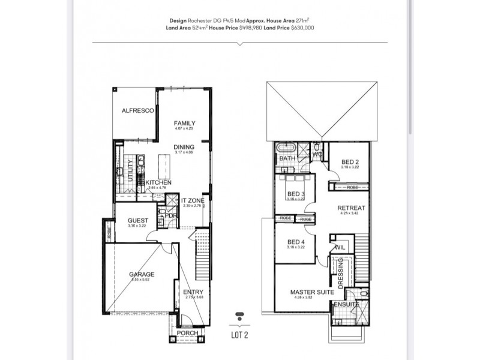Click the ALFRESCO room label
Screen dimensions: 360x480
tap(138, 111)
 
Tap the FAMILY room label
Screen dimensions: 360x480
tap(184, 124)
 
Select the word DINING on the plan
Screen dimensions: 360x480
tap(184, 147)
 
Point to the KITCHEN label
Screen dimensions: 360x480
tap(158, 182)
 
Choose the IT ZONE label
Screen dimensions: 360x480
tap(193, 200)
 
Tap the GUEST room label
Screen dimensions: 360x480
tap(137, 220)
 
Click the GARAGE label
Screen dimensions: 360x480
tap(142, 275)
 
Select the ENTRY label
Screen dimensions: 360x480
tap(193, 292)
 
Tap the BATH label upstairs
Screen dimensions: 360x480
tap(287, 158)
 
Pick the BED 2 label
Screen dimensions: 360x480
tap(350, 162)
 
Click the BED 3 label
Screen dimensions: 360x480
tap(295, 194)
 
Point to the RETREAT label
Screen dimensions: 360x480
tap(352, 208)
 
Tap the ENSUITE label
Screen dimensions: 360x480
tap(346, 305)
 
